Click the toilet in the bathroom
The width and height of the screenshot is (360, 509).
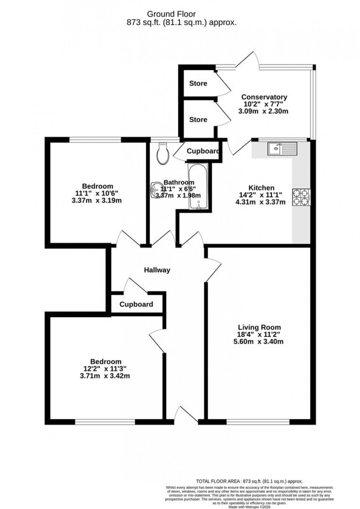pyautogui.click(x=162, y=153)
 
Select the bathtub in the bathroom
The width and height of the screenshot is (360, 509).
pyautogui.click(x=198, y=186)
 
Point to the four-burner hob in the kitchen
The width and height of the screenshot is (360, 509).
pyautogui.click(x=301, y=197)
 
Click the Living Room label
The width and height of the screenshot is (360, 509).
pyautogui.click(x=259, y=327)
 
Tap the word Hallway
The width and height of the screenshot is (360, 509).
pyautogui.click(x=157, y=270)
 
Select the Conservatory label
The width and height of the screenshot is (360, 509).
pyautogui.click(x=264, y=97)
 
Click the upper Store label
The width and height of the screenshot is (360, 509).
pyautogui.click(x=198, y=83)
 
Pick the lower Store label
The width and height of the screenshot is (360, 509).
pyautogui.click(x=198, y=119)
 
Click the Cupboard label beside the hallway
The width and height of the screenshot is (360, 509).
pyautogui.click(x=136, y=304)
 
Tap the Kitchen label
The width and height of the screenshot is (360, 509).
pyautogui.click(x=261, y=188)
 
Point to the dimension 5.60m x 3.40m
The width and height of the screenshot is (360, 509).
pyautogui.click(x=258, y=341)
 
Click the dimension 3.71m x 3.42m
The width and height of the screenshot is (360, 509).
pyautogui.click(x=106, y=376)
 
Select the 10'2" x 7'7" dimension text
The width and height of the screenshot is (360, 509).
pyautogui.click(x=264, y=104)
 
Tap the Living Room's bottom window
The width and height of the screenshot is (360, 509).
pyautogui.click(x=258, y=421)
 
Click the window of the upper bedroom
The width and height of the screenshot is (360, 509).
pyautogui.click(x=95, y=139)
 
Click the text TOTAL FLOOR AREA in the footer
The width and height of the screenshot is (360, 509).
pyautogui.click(x=216, y=481)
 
